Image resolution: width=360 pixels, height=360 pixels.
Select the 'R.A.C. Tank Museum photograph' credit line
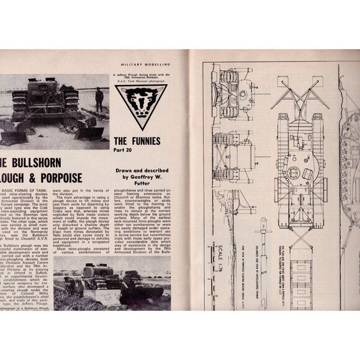tap(147, 80)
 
